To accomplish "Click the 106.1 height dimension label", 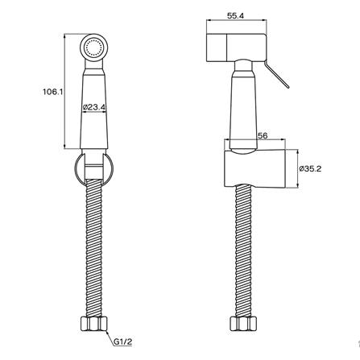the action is [x=52, y=92].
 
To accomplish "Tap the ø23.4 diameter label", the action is [x=94, y=107].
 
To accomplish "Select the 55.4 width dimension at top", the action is [x=235, y=16].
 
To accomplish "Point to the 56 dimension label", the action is [x=263, y=135].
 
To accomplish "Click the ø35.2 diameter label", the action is [x=310, y=169].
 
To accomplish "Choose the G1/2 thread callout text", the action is [x=123, y=341].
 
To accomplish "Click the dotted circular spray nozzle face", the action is [x=94, y=48].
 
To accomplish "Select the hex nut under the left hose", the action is [x=94, y=324].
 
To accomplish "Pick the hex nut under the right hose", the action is [x=243, y=324].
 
